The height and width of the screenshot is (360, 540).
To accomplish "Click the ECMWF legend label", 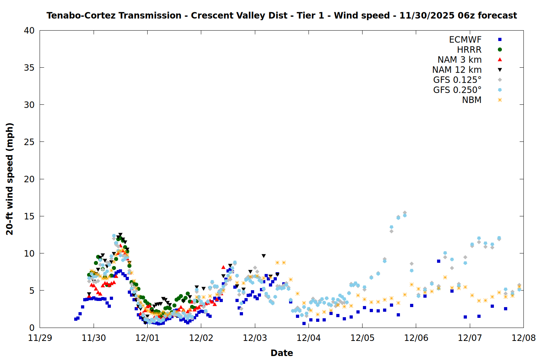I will coord(465,40).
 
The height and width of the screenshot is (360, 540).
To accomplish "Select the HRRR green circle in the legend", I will coord(500,50).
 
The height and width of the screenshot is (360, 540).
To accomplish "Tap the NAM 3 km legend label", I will coord(459,60).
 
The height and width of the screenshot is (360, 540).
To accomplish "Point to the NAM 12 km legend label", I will coord(457,70).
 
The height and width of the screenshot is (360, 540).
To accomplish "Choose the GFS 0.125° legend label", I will coord(457,80).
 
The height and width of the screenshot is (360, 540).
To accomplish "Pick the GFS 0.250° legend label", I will coord(457,90).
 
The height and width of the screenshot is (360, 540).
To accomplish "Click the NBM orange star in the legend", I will coord(500,100).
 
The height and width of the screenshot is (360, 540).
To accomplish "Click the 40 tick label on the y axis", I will coord(29,31).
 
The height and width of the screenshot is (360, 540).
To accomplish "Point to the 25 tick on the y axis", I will coord(29,142).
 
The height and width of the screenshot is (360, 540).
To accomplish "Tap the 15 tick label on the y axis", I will coord(29,216).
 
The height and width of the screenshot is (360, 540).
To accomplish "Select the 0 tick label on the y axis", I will coord(32,328).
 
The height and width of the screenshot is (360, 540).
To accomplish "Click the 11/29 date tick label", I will coord(40,338).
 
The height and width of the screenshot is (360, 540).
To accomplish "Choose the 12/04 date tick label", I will coord(309,338).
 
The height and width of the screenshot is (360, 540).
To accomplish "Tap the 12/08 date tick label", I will coord(523,338).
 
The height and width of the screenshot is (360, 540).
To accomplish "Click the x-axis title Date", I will coord(282,353).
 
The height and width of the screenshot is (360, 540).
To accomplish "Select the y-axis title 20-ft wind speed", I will coord(10,179).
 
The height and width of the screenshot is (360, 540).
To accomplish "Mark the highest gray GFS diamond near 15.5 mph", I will coord(405,213).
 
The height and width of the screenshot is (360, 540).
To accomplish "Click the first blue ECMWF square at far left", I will coord(76,319).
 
